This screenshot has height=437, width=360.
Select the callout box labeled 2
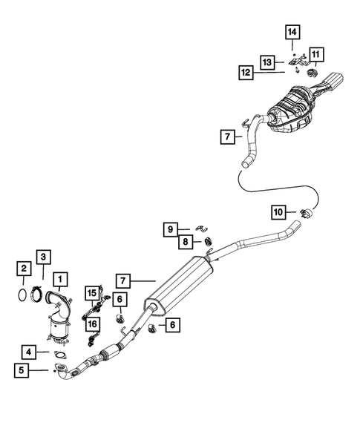click(24, 268)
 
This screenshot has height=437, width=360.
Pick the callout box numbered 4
click(28, 352)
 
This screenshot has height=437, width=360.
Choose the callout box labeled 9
click(170, 229)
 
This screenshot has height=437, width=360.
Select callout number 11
click(317, 53)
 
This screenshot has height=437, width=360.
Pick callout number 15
click(92, 293)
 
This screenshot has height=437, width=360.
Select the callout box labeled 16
click(92, 323)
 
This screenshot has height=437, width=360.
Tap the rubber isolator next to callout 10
click(307, 214)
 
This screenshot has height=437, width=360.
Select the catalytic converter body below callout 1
click(57, 330)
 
